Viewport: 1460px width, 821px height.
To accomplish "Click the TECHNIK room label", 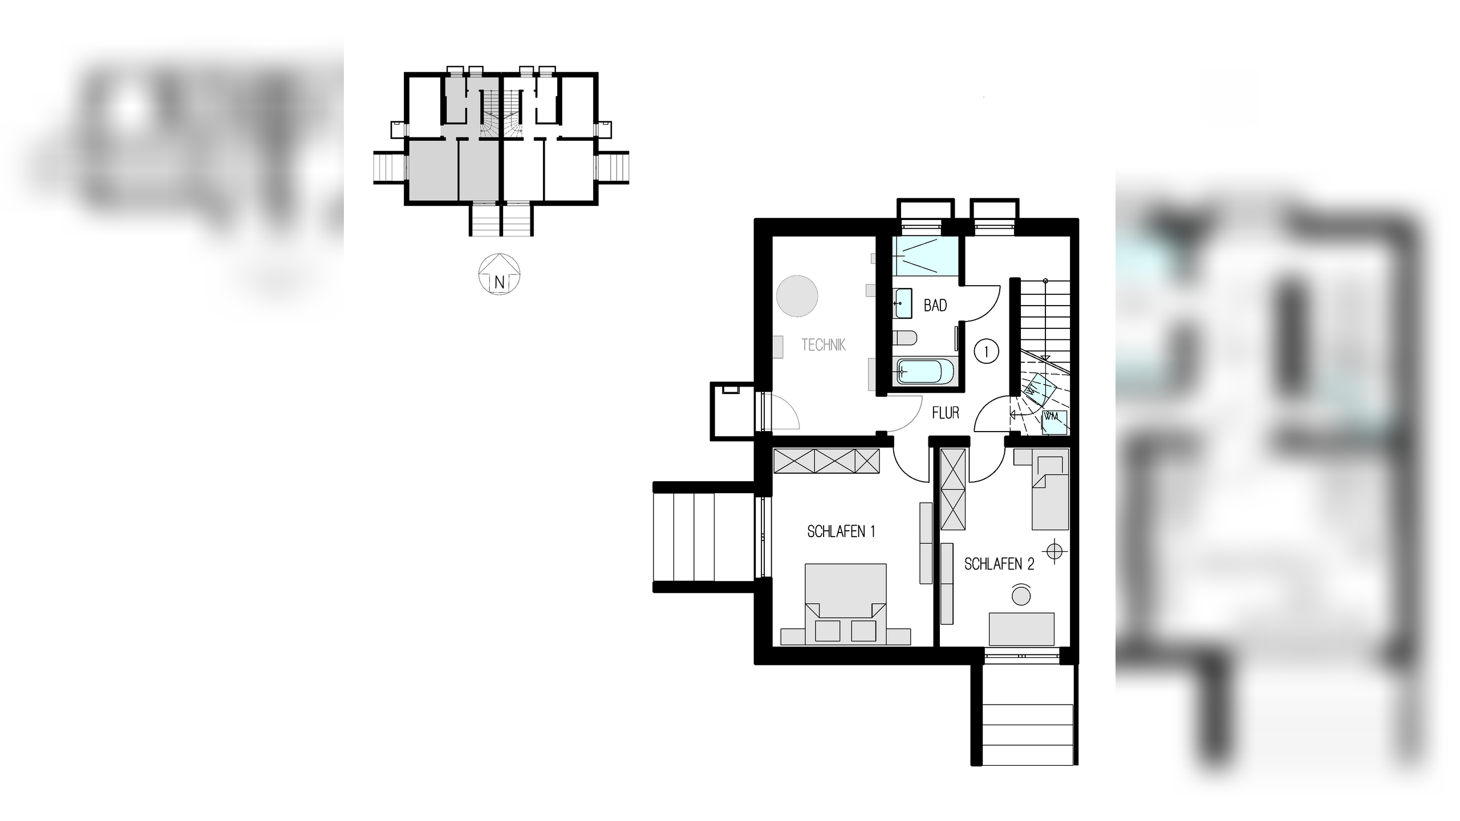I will (823, 345).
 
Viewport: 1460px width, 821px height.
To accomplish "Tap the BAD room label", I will (935, 306).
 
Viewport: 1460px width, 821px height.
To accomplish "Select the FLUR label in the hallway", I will (946, 413).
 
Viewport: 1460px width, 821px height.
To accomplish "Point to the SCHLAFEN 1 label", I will (841, 532).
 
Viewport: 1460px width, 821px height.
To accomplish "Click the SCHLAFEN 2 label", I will (999, 564).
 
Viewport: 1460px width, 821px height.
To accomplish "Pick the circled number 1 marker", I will (987, 351).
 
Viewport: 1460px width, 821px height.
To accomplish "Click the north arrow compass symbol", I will (499, 275).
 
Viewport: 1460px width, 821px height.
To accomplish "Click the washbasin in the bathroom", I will (902, 303).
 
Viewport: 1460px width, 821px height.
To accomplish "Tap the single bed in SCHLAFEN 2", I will (1049, 493).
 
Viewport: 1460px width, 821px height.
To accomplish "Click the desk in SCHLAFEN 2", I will (1021, 629).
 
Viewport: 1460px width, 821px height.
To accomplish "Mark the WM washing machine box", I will (1055, 421).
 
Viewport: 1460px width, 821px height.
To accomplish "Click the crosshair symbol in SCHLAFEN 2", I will (1055, 551).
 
